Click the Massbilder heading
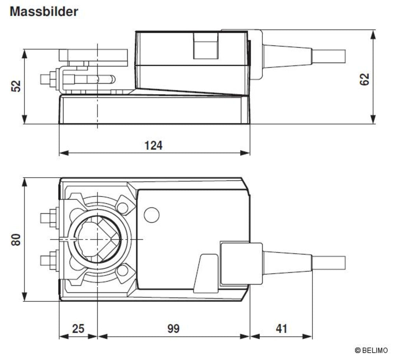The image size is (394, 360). (x=44, y=11)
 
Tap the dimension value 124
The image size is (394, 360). (x=153, y=145)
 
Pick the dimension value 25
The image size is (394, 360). (x=78, y=328)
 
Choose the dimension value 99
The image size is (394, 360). (x=173, y=328)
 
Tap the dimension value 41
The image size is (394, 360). (x=281, y=328)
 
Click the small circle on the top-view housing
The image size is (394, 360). (x=151, y=215)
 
